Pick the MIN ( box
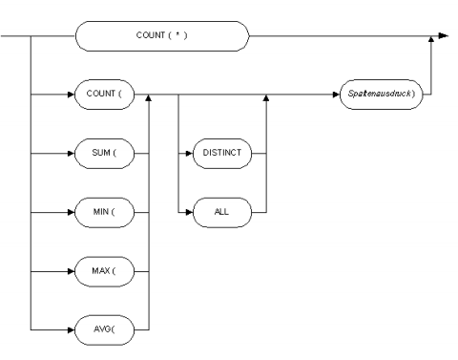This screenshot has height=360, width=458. coord(104,210)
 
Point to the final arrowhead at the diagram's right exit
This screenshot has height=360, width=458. coord(440,38)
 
